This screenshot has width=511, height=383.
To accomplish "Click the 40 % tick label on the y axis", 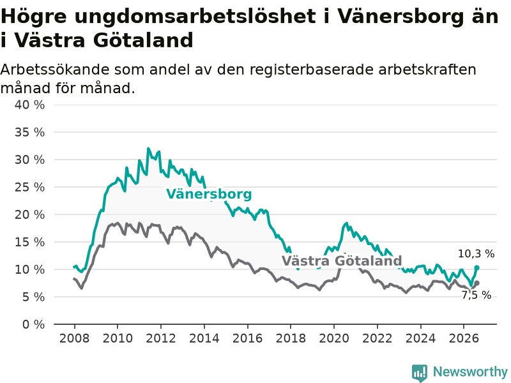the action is [29, 105].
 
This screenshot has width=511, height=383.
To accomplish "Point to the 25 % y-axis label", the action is [29, 187].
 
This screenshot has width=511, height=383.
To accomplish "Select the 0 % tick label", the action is [34, 324].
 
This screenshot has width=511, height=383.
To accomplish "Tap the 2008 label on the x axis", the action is [74, 338].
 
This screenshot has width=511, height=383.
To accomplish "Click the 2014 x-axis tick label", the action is [204, 338].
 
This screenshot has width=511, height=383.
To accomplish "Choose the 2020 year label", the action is [334, 338].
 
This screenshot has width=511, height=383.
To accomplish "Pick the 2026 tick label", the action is [464, 338].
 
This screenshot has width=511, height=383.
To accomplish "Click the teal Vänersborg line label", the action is [210, 194].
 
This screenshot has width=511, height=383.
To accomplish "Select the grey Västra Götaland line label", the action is [342, 261].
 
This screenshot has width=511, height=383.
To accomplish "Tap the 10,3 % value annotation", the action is [476, 253].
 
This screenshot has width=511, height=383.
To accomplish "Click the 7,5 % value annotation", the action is [476, 295].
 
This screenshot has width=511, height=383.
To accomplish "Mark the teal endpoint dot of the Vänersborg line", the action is [477, 267].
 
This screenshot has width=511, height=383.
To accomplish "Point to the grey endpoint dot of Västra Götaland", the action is [477, 283].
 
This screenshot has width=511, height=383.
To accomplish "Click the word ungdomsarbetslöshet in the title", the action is [195, 17].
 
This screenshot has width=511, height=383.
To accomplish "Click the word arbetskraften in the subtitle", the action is [427, 70].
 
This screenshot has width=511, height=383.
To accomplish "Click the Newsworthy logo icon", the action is [420, 372].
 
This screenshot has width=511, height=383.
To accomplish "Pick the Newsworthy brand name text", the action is [470, 372].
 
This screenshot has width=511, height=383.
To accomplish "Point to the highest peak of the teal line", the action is [148, 149].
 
